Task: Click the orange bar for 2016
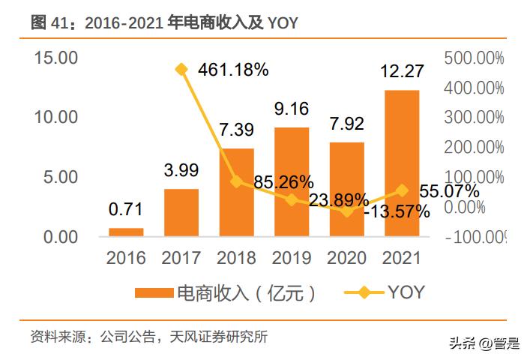coord(126,232)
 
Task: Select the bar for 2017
coord(181,213)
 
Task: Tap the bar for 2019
coord(291,182)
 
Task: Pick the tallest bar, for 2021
coord(401,163)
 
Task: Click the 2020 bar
coord(346,190)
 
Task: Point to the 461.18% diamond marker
coord(181,70)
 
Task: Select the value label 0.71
coord(125,208)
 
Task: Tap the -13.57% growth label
coord(397,211)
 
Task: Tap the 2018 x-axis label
coord(236,259)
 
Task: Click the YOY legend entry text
coord(406,292)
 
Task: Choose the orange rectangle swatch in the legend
coord(153,292)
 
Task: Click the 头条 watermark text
coord(463,343)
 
